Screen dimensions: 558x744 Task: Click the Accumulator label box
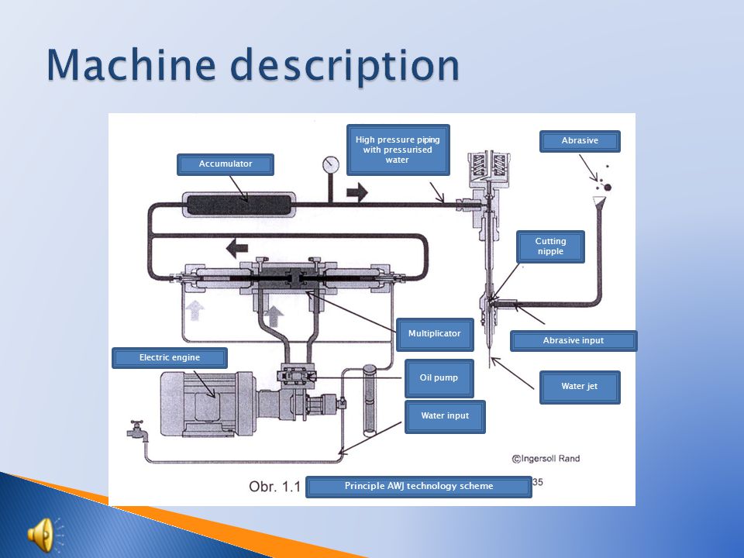coord(226,164)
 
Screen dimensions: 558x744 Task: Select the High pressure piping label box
coord(397,150)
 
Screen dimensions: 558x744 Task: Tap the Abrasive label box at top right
coord(580,141)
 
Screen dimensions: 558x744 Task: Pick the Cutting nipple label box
coord(550,246)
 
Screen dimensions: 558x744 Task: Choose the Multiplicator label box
coord(434,334)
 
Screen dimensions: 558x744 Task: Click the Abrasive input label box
coord(573,340)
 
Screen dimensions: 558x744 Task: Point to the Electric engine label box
coord(170,357)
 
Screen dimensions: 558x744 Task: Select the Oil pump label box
coord(439,378)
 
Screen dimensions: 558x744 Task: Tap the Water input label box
coord(445,416)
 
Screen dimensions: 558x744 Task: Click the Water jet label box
coord(580,387)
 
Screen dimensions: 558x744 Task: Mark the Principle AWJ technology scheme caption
coord(418,487)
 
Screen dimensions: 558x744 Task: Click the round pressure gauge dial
coord(331,164)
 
